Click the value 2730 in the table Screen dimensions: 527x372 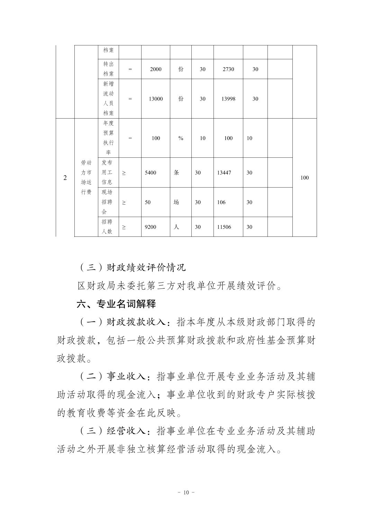point(228,69)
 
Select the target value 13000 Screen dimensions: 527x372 point(156,99)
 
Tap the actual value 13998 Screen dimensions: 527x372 point(228,99)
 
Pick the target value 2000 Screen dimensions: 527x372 point(156,69)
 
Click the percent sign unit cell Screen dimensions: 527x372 point(181,138)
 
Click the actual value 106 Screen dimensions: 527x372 point(221,202)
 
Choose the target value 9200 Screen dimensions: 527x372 point(151,227)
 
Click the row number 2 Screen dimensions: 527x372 point(65,178)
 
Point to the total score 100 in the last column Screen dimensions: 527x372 point(305,178)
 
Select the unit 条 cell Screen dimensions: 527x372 point(176,173)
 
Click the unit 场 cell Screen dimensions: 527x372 point(176,202)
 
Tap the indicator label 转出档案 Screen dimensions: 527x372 point(108,69)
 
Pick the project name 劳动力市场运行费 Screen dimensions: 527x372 point(86,178)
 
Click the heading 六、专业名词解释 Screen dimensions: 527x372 point(116,304)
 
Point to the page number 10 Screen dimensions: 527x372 point(186,492)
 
